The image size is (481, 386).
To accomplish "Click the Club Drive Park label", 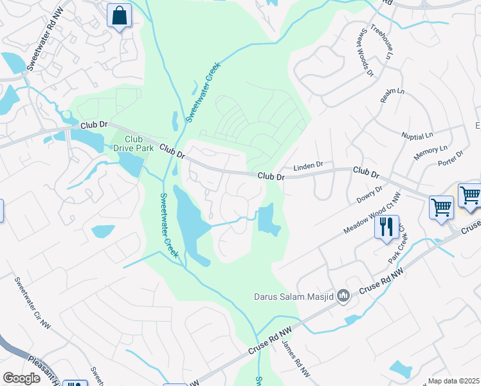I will point(133,143).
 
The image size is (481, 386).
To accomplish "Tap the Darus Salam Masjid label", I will point(293,297).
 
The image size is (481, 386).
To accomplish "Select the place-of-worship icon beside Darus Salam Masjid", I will point(343,296).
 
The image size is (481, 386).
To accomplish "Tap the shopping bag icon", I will point(119,15).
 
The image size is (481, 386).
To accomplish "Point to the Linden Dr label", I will point(308,167).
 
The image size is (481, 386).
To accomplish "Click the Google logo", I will point(21,378).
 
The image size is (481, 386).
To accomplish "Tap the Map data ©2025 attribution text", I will point(453,381).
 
